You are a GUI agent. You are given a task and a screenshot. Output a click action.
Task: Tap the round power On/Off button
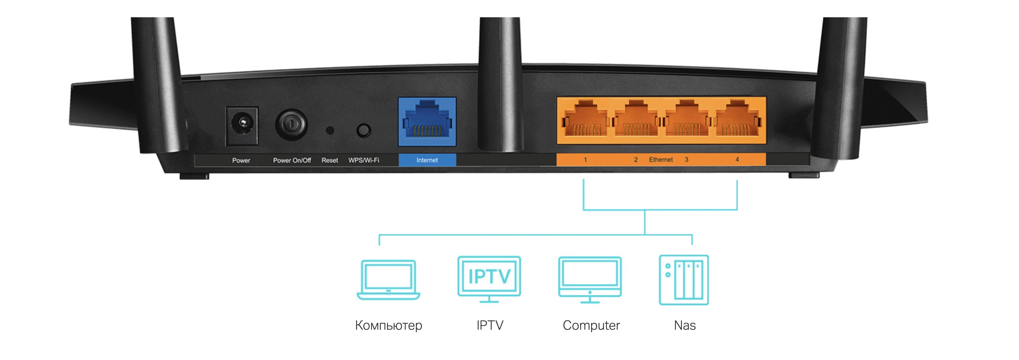click(x=291, y=125)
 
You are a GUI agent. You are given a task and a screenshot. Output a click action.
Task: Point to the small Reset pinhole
click(x=330, y=130)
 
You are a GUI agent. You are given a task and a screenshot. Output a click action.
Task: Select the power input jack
click(x=242, y=125)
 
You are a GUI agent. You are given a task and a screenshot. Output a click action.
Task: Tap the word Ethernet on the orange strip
click(x=661, y=159)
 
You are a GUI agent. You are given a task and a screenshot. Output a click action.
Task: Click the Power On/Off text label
click(x=291, y=160)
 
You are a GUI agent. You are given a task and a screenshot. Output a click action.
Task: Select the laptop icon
click(x=388, y=280)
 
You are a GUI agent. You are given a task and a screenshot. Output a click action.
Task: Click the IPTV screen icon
click(x=489, y=279)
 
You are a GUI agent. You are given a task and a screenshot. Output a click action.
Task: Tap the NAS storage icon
click(x=684, y=280)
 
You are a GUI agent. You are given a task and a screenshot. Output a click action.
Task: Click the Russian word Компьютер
click(x=388, y=325)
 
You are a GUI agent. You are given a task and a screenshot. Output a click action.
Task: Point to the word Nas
click(x=685, y=325)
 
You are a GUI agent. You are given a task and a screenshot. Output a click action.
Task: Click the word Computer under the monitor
click(x=591, y=325)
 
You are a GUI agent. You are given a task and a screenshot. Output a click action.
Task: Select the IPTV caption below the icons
click(x=490, y=325)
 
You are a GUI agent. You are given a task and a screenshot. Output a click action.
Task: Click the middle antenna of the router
click(x=500, y=83)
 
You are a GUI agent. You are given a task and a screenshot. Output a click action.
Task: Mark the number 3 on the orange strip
click(x=686, y=159)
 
